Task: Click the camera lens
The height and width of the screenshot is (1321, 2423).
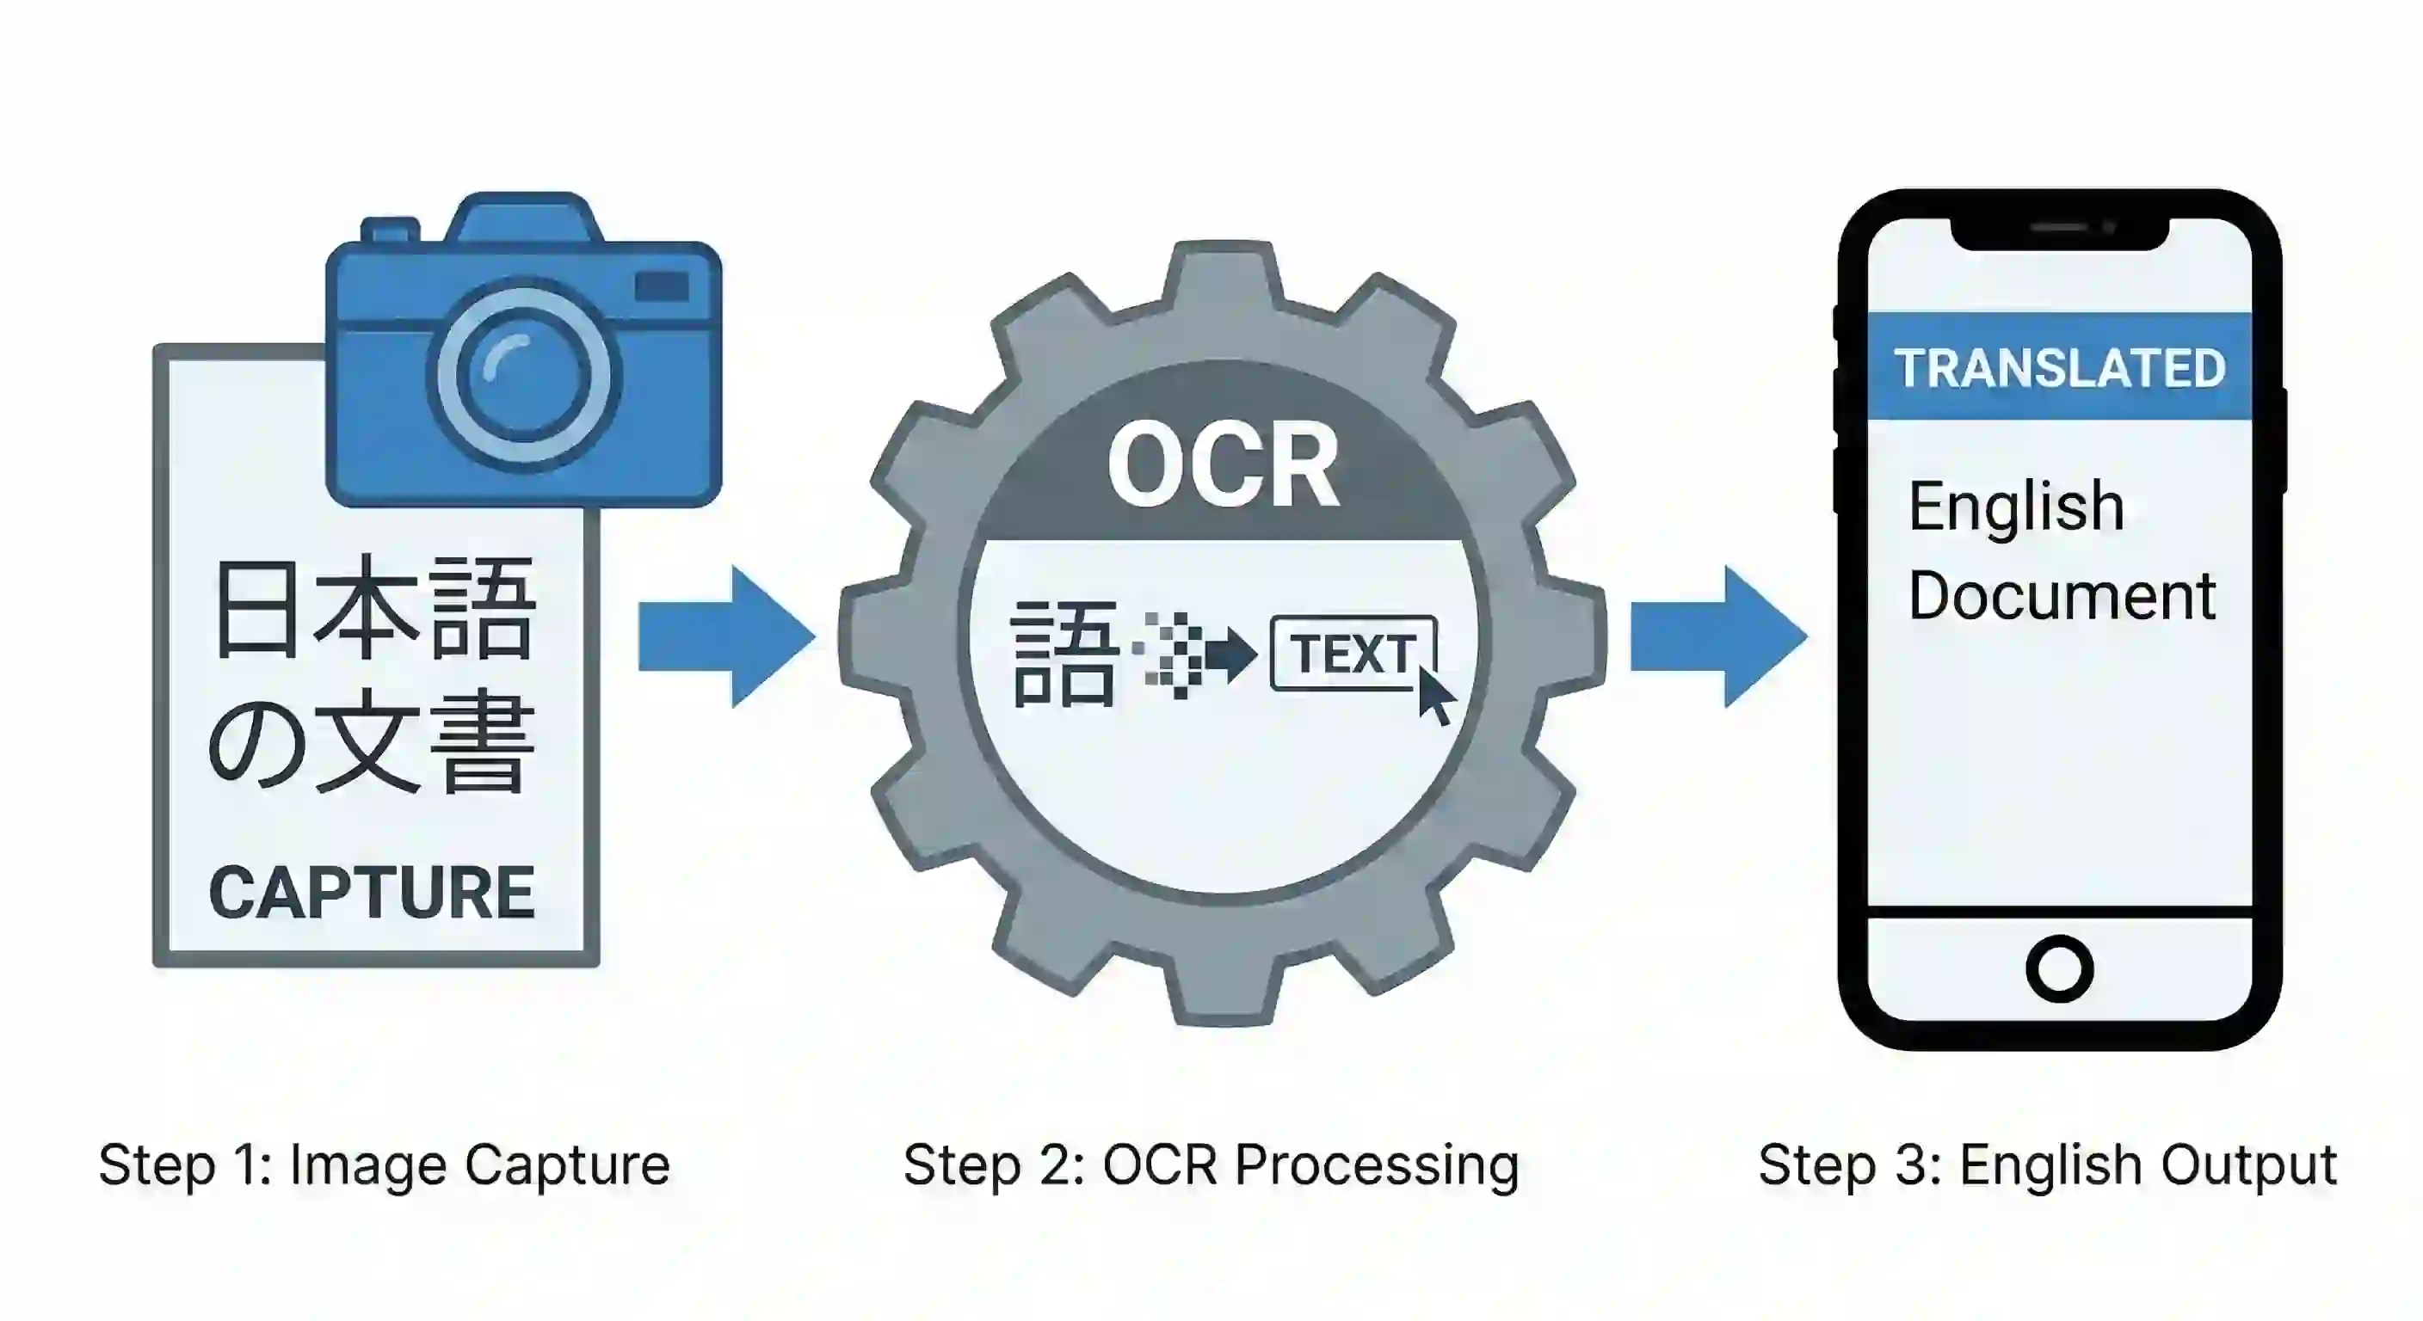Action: point(523,377)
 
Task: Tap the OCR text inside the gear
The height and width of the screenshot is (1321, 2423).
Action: point(1223,465)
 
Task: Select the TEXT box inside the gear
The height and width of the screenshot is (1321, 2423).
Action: point(1352,654)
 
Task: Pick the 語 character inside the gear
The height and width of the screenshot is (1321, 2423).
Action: point(1064,654)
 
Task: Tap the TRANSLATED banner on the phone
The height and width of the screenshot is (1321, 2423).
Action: point(2059,367)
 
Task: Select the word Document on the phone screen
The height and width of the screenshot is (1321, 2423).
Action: point(2061,596)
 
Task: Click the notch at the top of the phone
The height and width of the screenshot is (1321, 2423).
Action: point(2059,232)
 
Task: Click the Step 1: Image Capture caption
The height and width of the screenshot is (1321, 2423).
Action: point(384,1165)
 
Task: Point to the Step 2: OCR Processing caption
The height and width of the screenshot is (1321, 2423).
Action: point(1211,1165)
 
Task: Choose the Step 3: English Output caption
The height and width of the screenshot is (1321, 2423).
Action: point(2047,1165)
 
